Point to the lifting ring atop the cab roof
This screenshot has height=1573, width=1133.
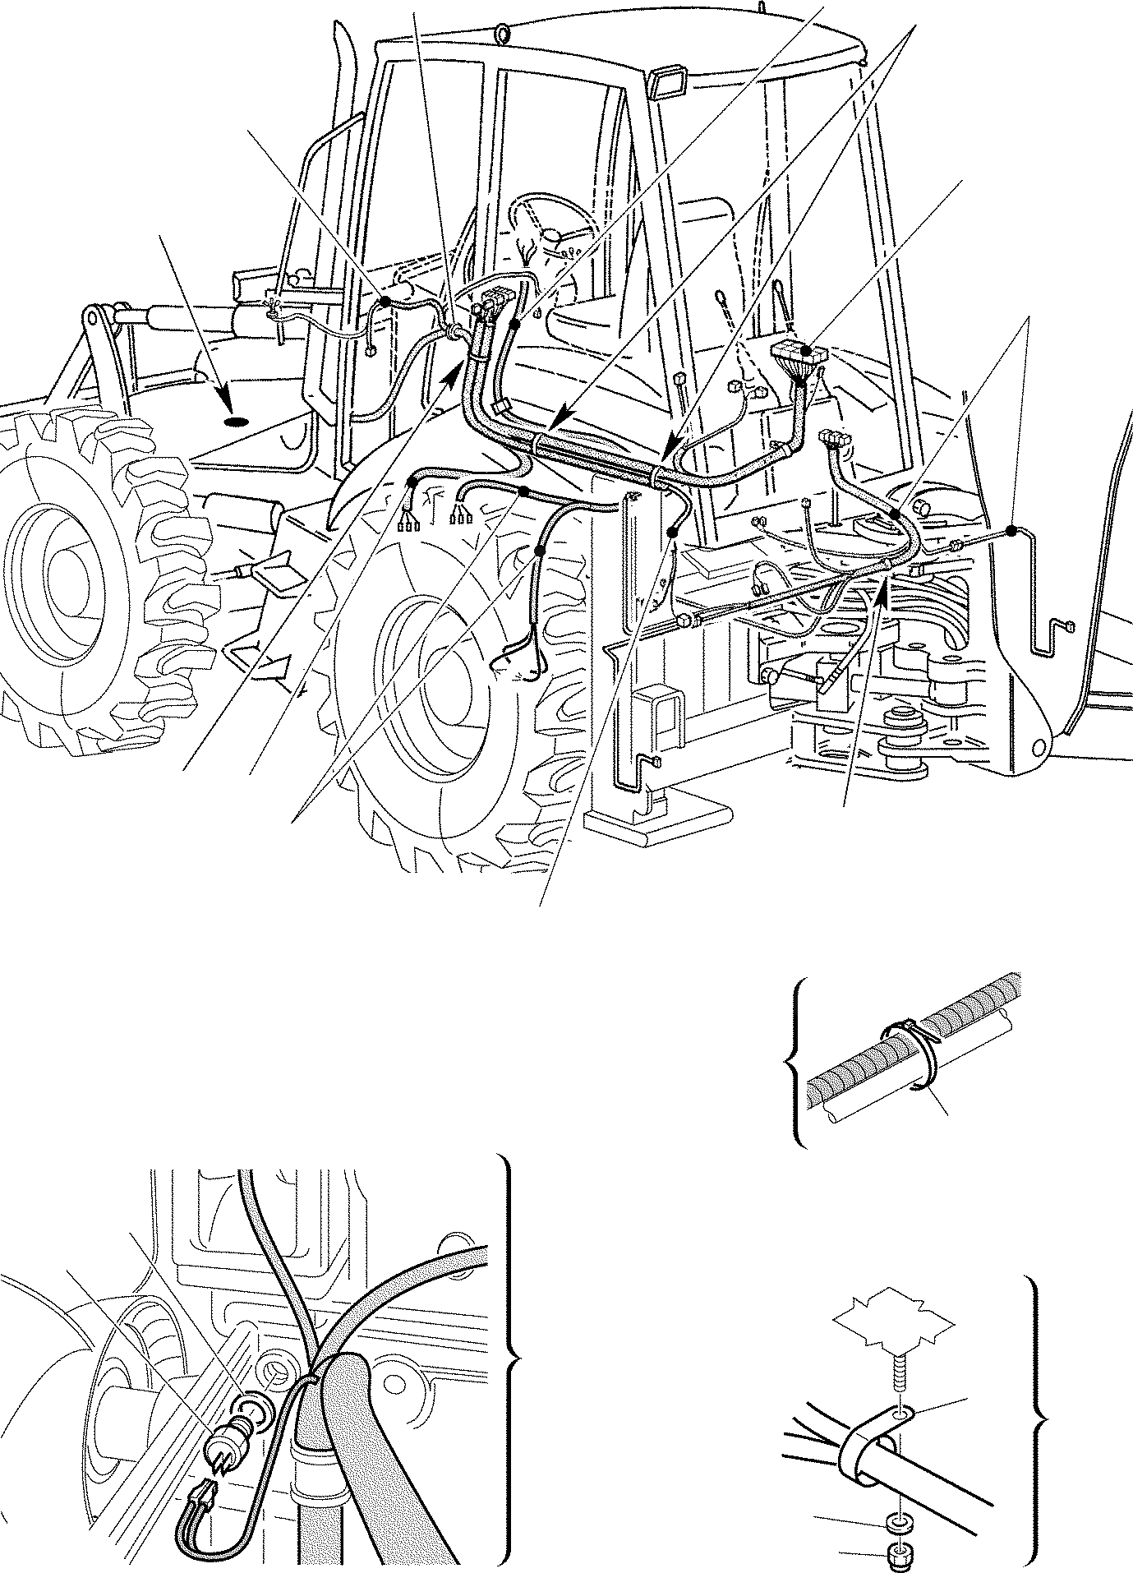(x=504, y=34)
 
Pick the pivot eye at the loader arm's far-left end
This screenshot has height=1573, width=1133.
(x=94, y=316)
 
